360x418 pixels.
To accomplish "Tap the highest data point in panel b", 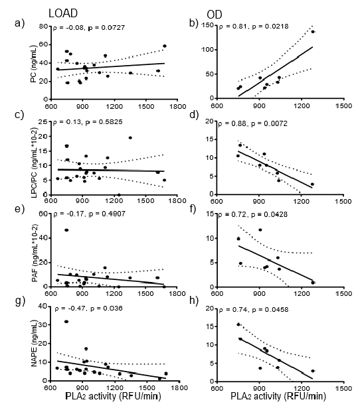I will click(312, 32).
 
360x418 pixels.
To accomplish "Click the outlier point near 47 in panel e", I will click(66, 230).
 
